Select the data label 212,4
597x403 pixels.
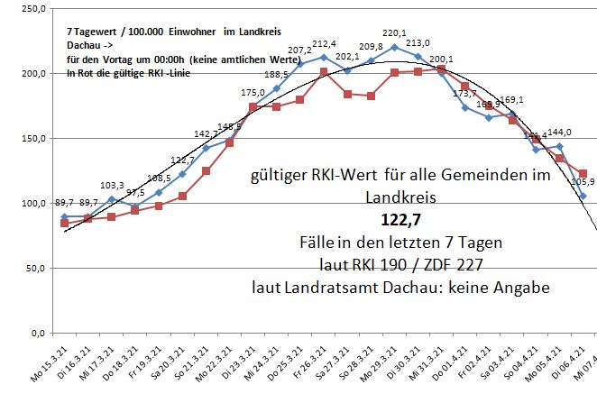(x=325, y=44)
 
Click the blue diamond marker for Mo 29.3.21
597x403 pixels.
(x=394, y=47)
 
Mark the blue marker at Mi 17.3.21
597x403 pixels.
(x=112, y=199)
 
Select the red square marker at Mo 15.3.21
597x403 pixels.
(x=65, y=223)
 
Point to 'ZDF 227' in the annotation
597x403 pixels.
(x=451, y=265)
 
